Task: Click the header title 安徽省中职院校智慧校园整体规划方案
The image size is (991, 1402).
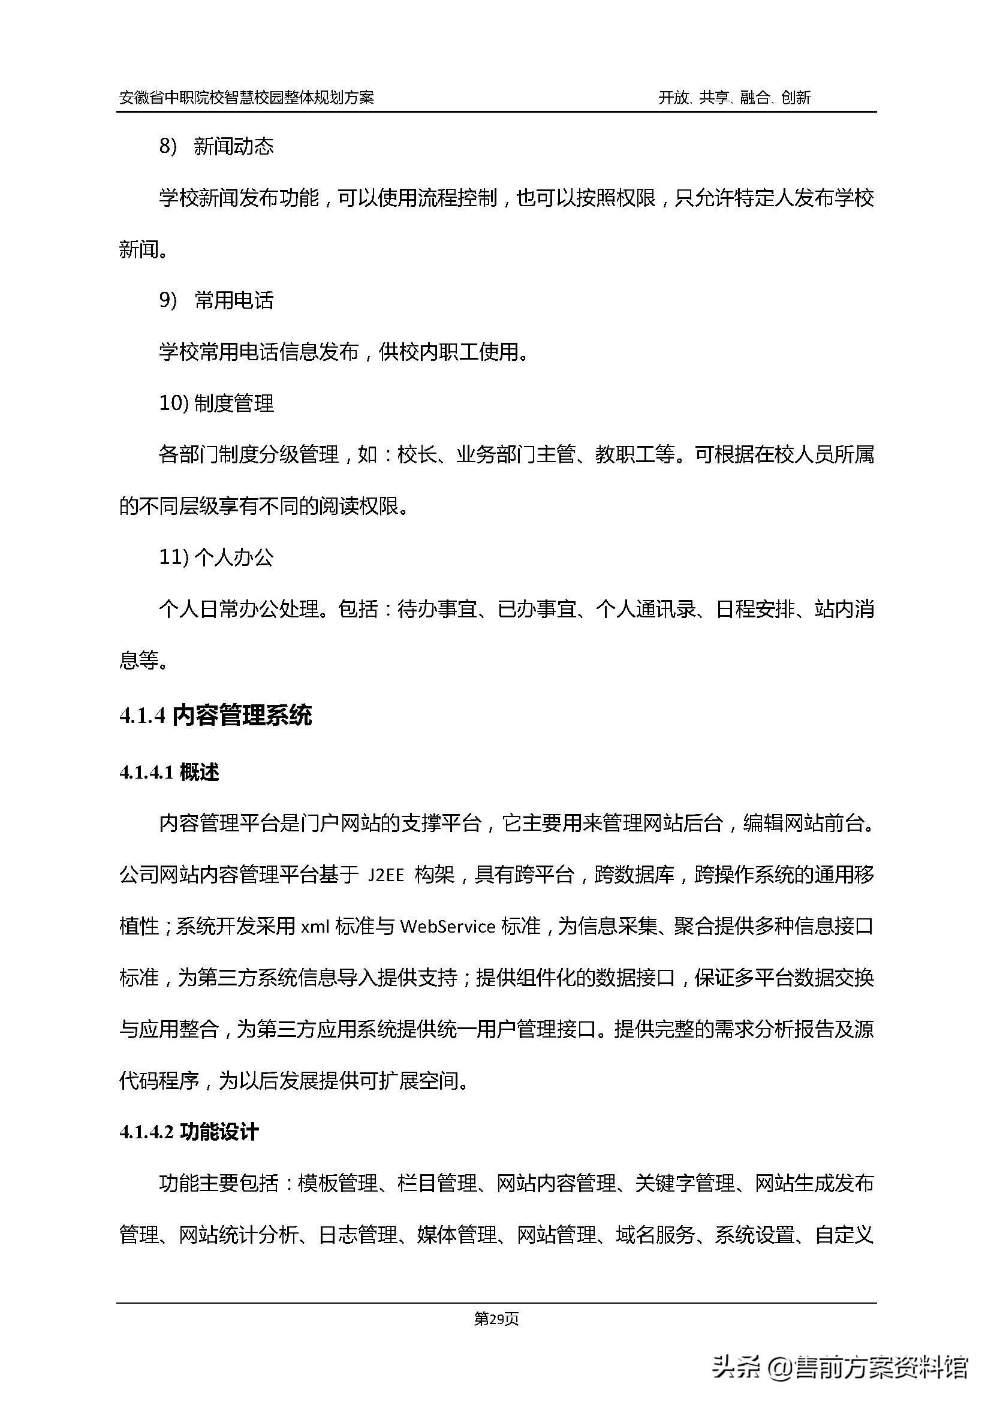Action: [246, 98]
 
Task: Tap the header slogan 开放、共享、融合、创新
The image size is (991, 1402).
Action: [734, 98]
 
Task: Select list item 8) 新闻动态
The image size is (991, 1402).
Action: [216, 146]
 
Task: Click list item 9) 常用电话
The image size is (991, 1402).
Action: [216, 300]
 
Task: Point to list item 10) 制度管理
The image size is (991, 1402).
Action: [216, 403]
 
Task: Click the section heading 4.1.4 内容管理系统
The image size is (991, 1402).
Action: [216, 716]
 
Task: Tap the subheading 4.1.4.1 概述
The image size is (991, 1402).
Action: [169, 773]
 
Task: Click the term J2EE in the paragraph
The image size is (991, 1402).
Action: [387, 876]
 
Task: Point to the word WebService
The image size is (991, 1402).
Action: [448, 927]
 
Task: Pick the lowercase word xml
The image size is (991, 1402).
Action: [315, 927]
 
